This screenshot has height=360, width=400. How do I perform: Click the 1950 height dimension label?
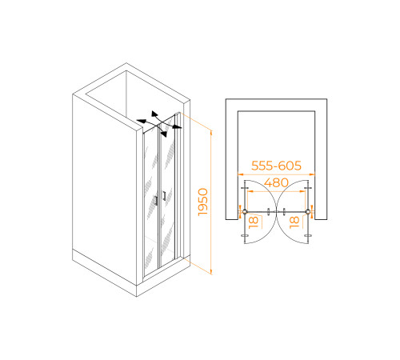coord(203,202)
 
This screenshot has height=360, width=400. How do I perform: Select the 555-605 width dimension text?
coord(276,166)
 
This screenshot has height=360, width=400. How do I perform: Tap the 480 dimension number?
coord(276,182)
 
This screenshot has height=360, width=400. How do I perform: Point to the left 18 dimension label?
coord(254,222)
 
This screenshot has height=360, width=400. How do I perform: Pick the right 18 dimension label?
coord(294,222)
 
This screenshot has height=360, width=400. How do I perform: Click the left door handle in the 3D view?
coord(156,200)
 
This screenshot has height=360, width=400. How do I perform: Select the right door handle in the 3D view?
coord(164,195)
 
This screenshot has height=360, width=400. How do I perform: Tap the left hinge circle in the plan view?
coord(245,212)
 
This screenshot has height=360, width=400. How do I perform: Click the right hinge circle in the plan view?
coord(308,212)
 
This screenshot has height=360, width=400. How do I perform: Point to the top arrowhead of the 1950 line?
coord(211,133)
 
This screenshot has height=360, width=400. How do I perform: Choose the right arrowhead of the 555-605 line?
coord(312,174)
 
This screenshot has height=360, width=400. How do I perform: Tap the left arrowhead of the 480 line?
coord(250,191)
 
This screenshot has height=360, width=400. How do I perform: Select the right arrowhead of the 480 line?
coord(302,191)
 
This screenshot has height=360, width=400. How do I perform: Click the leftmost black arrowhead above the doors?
coord(142,122)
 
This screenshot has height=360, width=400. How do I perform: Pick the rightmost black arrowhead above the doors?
coord(177,126)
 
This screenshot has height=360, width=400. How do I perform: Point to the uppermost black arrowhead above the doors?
coord(154,114)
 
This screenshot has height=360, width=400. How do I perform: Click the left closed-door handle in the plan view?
coord(268,212)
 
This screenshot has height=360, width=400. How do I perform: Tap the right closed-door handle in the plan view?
coord(284,212)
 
